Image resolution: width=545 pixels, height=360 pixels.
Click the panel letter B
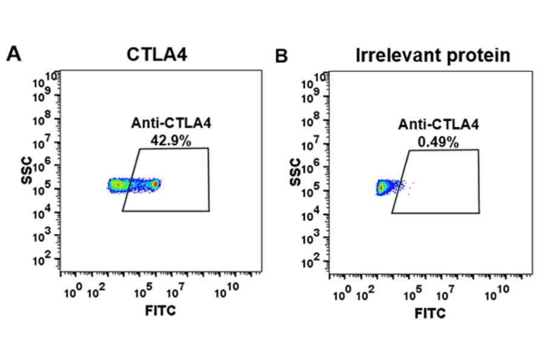[282, 56]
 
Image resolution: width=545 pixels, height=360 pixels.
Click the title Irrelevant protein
[432, 55]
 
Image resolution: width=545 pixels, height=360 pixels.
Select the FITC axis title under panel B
[431, 313]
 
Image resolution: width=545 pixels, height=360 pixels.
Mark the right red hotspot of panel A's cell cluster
[156, 184]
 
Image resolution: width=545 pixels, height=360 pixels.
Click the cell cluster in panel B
[382, 187]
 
